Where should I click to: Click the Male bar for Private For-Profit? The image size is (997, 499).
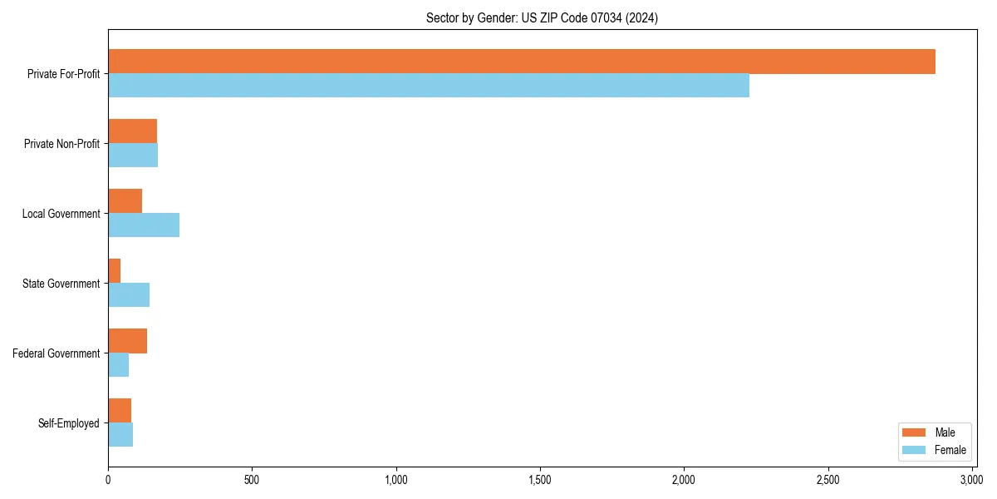522,62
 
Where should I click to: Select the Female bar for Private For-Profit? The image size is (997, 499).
429,86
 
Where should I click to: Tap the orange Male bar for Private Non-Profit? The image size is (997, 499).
133,131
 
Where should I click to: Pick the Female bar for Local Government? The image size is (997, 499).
144,225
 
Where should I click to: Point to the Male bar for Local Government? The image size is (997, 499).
125,201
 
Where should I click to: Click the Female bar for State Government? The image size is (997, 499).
129,295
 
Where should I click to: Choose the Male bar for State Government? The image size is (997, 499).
115,271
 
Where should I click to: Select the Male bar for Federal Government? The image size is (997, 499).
128,341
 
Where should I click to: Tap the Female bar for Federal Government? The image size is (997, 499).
119,365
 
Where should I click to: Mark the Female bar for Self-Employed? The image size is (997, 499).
120,435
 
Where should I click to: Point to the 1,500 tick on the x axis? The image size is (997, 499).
540,480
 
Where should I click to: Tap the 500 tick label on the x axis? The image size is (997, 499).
252,480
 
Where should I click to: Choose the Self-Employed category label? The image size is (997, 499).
69,423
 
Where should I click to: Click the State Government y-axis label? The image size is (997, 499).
61,284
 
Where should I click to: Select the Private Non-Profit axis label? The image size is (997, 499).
61,144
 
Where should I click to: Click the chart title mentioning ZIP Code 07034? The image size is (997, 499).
542,18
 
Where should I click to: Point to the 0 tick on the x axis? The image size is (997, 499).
108,480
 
